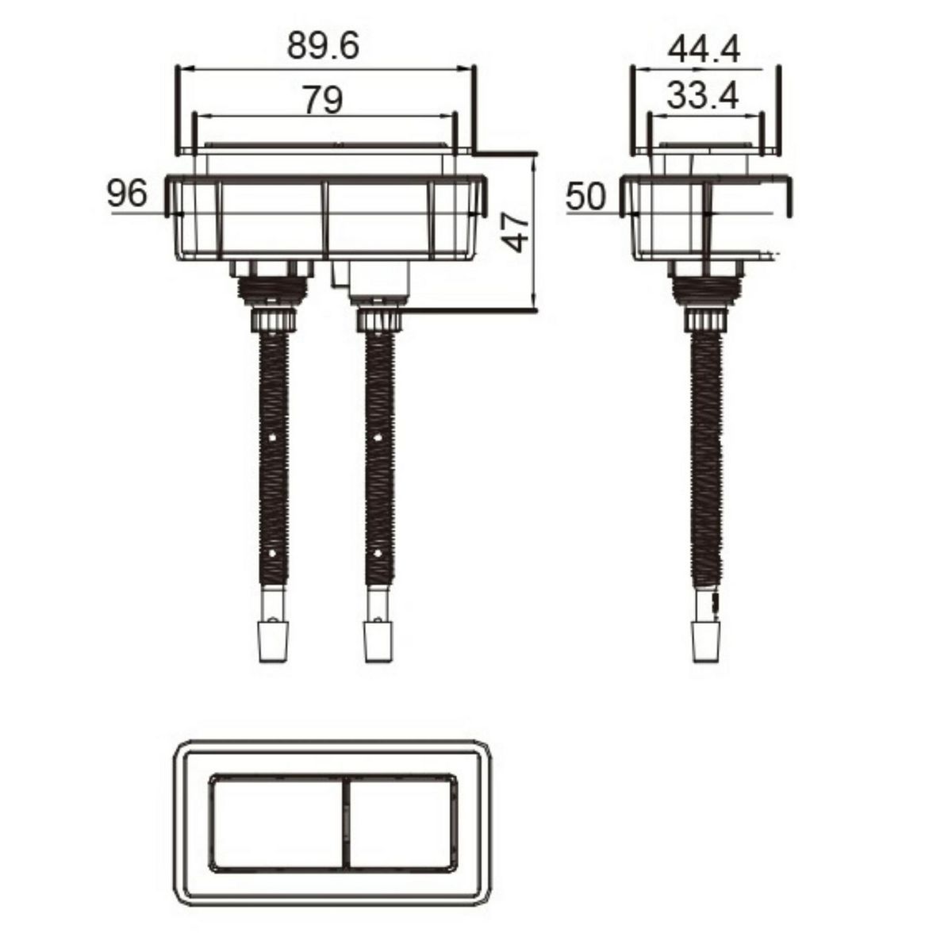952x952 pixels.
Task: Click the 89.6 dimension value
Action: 323,47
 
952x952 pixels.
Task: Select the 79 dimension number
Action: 323,100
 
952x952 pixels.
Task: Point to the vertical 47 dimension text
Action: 517,232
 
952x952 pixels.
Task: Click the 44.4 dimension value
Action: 704,50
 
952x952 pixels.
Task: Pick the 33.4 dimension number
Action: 702,97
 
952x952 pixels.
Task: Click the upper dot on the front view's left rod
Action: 273,437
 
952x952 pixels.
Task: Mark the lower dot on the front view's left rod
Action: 273,550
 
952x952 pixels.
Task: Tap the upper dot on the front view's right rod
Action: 379,437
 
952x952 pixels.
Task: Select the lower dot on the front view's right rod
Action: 379,550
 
